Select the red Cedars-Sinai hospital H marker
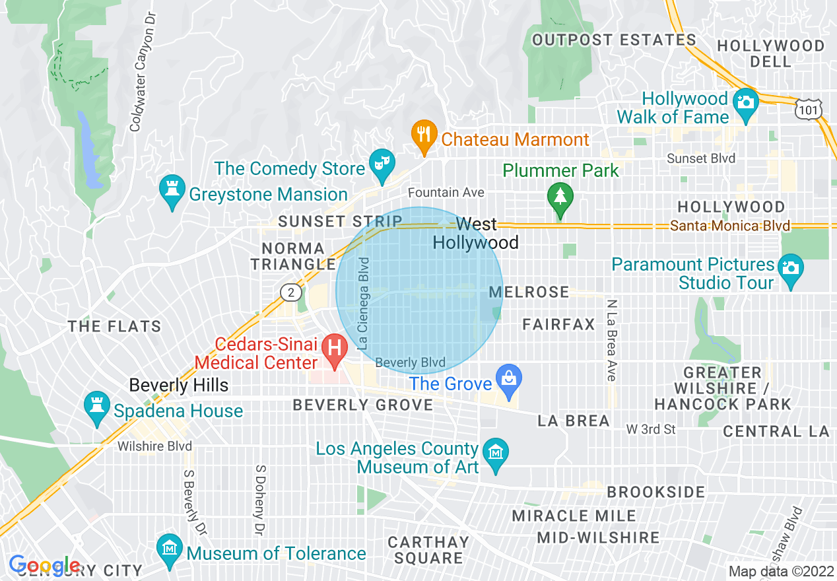click(334, 347)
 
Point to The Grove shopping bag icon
click(508, 380)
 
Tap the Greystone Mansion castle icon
click(172, 189)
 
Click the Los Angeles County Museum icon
click(495, 453)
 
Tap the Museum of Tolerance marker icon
click(170, 549)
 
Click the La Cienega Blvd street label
click(363, 303)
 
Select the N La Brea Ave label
click(611, 341)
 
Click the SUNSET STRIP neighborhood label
click(340, 221)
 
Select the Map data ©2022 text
click(780, 571)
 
